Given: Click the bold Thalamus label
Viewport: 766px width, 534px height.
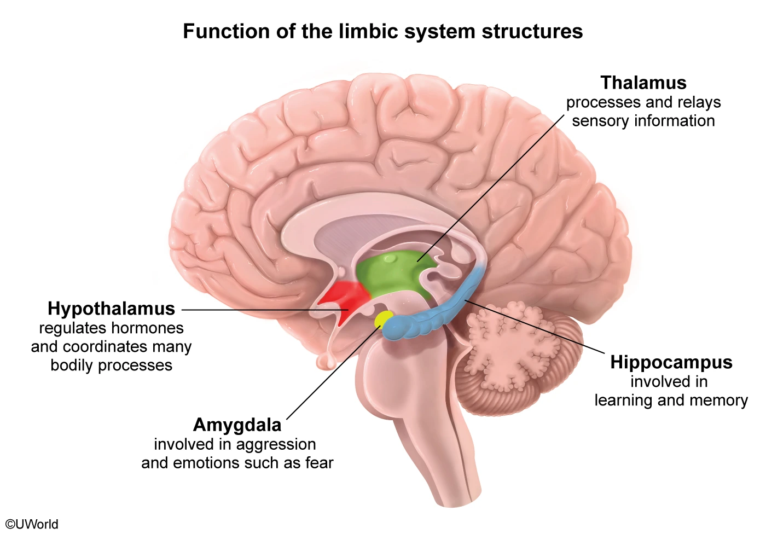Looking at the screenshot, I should (x=643, y=83).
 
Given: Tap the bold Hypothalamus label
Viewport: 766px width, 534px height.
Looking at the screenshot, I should (x=111, y=309).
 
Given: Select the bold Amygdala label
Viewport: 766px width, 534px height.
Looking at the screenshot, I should (x=237, y=425).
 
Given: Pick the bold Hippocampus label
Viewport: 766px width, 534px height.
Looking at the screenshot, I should (x=671, y=362).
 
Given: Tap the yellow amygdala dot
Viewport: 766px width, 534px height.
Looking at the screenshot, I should (x=383, y=318).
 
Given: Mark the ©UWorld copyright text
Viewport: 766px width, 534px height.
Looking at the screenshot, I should (x=32, y=524).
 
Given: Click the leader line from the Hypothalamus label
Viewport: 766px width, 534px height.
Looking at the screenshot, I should (x=246, y=310).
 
